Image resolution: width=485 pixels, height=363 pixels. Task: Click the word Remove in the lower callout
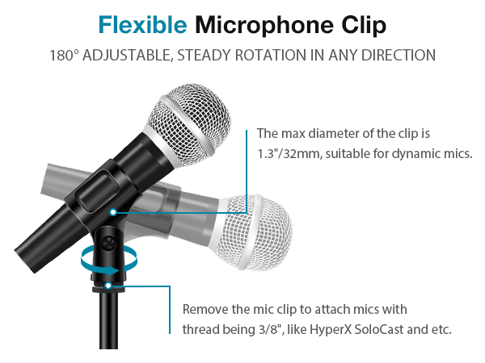205,310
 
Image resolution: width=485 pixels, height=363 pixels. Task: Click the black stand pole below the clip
107,327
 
